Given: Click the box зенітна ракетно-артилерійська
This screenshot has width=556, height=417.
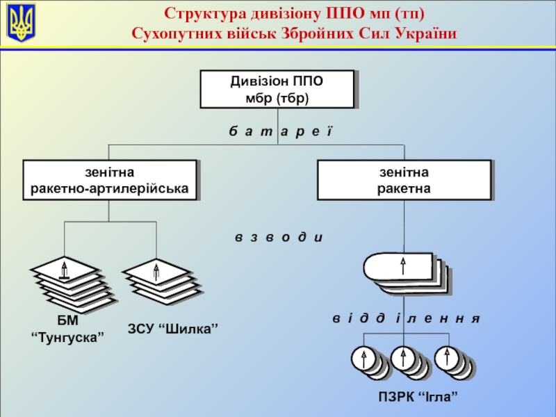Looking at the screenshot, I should [110, 179].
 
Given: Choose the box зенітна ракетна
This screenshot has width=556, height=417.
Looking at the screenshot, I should [404, 179].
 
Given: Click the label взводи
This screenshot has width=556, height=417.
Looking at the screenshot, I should [279, 237].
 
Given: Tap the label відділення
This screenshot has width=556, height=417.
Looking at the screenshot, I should [406, 318].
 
